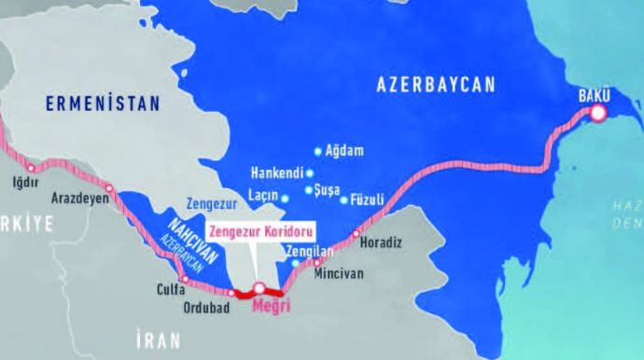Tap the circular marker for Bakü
coord(597,114)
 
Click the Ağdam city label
coord(344,151)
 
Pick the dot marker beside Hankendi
coord(309,173)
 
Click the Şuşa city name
coord(327,190)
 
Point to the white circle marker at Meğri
coord(259,288)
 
